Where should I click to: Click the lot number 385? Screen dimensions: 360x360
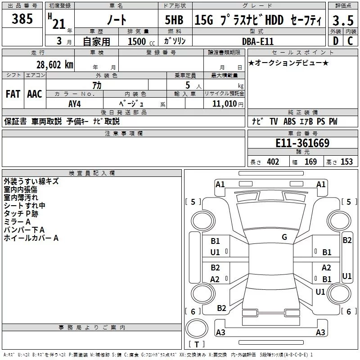click(x=22, y=19)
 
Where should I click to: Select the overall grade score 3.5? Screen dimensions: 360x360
click(x=342, y=21)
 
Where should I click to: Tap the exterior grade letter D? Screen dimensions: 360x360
click(x=335, y=41)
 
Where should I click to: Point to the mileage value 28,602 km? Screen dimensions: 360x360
click(x=54, y=65)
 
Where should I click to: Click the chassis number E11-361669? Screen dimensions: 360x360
click(x=302, y=144)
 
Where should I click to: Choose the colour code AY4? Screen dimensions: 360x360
click(x=75, y=103)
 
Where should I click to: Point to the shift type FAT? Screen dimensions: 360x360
click(x=13, y=94)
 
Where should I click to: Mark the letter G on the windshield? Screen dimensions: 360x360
click(x=284, y=237)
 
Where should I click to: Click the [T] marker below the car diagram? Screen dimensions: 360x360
click(x=197, y=345)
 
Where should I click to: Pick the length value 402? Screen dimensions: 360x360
click(x=273, y=162)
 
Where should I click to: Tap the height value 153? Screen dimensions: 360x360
click(x=346, y=162)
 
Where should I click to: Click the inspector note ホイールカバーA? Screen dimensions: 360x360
click(x=31, y=238)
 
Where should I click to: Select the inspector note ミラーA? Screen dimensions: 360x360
click(x=17, y=222)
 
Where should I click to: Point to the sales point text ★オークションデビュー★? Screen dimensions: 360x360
click(x=288, y=63)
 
